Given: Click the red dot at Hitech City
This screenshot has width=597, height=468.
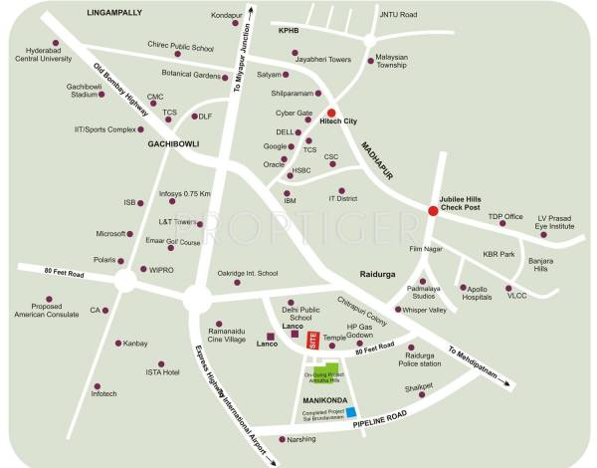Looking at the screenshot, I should (x=333, y=112).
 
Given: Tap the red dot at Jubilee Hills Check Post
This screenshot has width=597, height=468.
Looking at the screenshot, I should (x=433, y=211).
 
